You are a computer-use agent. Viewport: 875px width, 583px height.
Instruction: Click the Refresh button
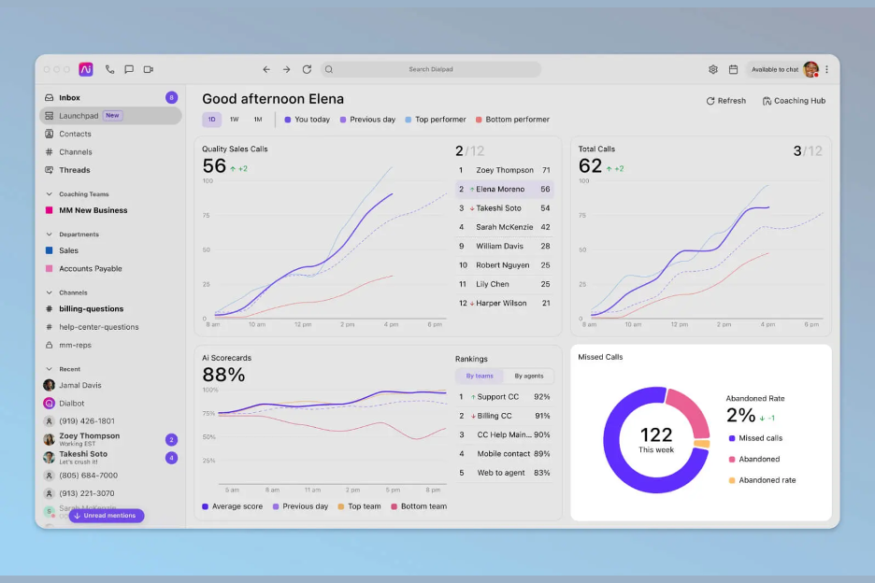725,101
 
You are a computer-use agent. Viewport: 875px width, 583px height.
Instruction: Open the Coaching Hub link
794,101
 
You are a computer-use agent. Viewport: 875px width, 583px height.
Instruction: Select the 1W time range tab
234,120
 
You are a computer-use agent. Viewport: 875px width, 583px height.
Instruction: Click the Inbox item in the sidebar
69,97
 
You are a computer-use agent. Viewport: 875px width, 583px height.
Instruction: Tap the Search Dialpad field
432,69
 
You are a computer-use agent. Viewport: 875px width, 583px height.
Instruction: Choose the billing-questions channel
91,309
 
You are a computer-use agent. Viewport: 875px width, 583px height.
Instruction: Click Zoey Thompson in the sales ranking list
504,170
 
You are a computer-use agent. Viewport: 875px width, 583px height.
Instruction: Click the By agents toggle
528,377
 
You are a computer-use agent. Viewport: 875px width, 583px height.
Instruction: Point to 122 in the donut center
656,434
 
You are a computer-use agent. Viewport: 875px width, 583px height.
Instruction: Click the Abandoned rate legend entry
767,480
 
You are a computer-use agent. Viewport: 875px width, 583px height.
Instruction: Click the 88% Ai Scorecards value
223,375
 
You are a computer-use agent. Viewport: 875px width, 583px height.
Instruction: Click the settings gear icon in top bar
713,69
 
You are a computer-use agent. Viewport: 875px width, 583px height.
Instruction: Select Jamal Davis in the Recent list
79,385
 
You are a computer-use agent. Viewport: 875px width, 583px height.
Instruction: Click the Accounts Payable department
90,269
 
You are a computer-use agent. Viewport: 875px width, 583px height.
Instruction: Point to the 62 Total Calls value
590,166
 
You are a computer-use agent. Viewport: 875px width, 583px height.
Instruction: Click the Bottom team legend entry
423,506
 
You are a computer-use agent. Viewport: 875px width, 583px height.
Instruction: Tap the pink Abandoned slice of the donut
691,411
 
